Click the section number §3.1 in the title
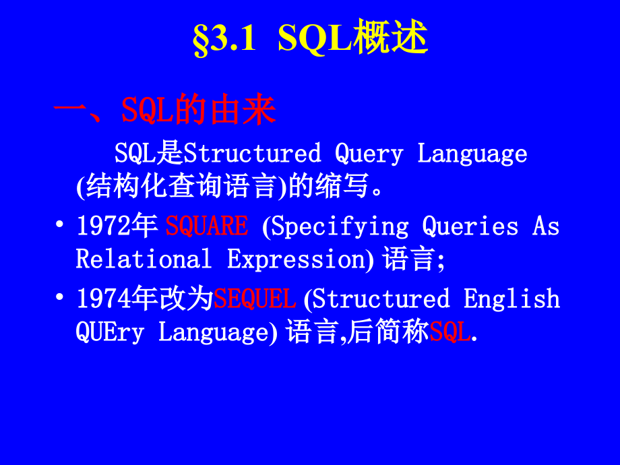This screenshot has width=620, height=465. (x=224, y=40)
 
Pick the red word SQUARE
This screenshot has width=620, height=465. (x=207, y=226)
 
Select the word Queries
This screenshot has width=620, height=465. (x=470, y=226)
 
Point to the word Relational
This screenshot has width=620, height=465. (x=144, y=259)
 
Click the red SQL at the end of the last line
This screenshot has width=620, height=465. (x=450, y=332)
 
